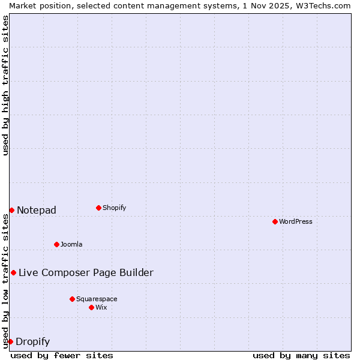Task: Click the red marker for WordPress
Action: click(275, 221)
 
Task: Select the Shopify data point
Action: click(98, 208)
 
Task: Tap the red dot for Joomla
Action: click(56, 244)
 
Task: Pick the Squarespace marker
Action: click(72, 299)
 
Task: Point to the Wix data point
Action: click(91, 307)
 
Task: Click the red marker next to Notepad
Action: click(11, 210)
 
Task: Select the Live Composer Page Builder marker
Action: click(13, 272)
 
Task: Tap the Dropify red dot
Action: click(10, 341)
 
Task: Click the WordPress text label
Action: click(296, 221)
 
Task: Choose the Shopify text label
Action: click(115, 208)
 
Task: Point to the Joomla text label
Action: click(71, 244)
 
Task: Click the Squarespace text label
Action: click(97, 299)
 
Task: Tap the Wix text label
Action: click(101, 307)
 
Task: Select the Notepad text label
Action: click(37, 210)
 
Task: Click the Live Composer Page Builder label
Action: click(86, 272)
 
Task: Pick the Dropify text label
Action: click(32, 342)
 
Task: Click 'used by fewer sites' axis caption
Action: click(62, 355)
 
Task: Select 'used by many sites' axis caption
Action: click(301, 355)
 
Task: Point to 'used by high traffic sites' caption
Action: click(5, 85)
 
